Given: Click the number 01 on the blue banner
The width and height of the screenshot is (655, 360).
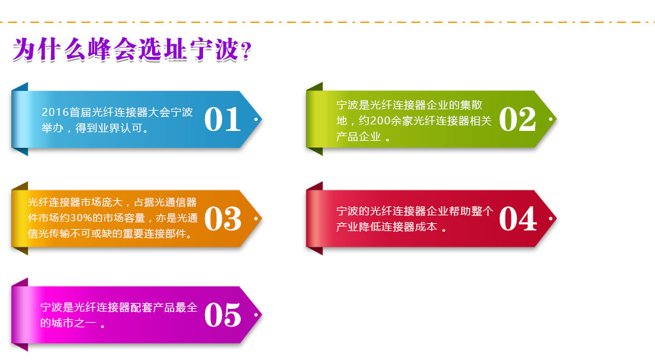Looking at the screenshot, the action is tap(222, 119).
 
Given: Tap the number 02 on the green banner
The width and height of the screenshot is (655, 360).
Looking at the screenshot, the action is tap(517, 119).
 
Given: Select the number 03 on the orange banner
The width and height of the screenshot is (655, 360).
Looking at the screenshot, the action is tap(223, 219).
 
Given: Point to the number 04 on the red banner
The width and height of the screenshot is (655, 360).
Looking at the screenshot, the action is tap(517, 219).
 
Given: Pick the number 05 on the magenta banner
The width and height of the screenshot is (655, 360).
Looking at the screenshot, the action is tap(223, 315).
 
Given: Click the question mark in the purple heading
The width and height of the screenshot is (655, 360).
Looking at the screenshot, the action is tap(246, 51).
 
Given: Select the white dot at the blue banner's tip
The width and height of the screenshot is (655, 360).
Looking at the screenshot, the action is tap(256, 119).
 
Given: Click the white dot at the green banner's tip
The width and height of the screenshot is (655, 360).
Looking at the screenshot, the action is tap(551, 119).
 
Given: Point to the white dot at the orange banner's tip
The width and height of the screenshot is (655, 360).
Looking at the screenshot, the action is tap(256, 219).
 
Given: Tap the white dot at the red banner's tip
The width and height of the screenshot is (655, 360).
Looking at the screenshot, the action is tap(551, 219).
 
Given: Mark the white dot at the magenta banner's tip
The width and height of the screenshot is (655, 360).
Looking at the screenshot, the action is tap(256, 314).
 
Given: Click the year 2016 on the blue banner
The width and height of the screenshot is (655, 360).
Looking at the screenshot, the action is tap(55, 112).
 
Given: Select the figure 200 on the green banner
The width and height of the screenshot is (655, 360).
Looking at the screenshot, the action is tap(380, 120).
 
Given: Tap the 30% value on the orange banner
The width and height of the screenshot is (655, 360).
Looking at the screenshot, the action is tap(81, 218).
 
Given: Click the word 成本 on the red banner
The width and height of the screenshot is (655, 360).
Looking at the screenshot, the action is tap(426, 226).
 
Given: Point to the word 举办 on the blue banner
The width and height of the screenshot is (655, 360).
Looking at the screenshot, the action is tap(52, 128).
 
